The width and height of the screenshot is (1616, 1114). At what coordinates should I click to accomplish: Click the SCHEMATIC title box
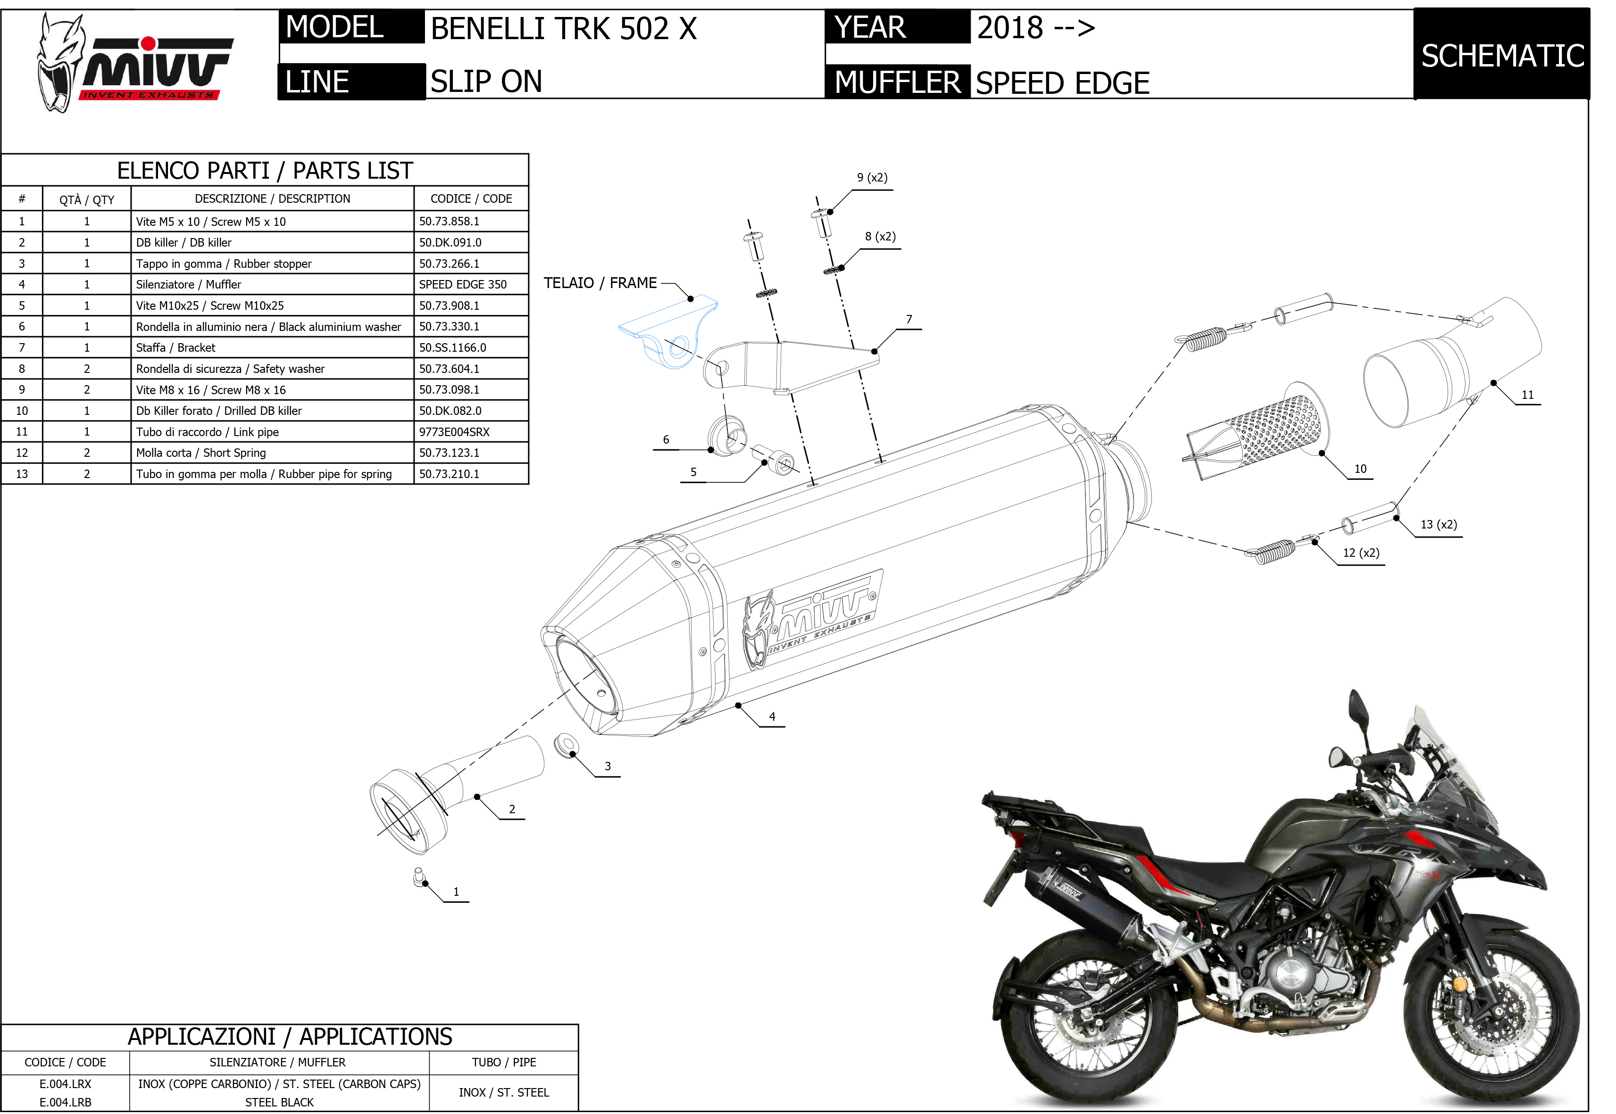[x=1501, y=56]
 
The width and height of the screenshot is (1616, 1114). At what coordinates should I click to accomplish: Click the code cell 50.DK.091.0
[x=450, y=242]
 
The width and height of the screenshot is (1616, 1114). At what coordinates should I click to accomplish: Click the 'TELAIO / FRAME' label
[x=600, y=283]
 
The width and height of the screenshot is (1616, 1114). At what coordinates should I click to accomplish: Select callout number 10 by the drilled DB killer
[x=1360, y=469]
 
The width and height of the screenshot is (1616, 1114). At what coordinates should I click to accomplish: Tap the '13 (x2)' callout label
[x=1439, y=524]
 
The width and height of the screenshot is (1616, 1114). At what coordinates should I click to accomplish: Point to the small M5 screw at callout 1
[x=419, y=877]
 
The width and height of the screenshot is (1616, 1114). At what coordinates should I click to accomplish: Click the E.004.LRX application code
[x=65, y=1084]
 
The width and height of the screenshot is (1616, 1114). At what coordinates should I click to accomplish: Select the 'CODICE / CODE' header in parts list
[x=471, y=199]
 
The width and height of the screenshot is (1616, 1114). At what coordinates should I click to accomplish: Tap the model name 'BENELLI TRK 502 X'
[x=564, y=29]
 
